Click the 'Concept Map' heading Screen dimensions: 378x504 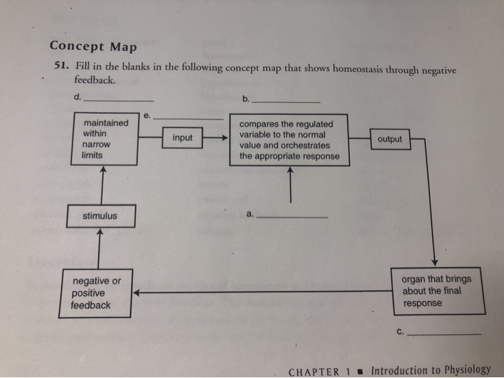[x=93, y=47]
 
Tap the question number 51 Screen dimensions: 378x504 [x=61, y=66]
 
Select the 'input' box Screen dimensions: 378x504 [x=182, y=138]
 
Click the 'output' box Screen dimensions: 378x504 [x=390, y=139]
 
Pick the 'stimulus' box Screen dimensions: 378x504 [x=99, y=215]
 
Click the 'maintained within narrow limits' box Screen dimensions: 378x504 [x=105, y=139]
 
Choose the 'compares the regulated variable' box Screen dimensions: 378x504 [x=289, y=140]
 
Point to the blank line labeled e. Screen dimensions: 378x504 [x=189, y=118]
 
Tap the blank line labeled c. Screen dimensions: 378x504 [x=444, y=334]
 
